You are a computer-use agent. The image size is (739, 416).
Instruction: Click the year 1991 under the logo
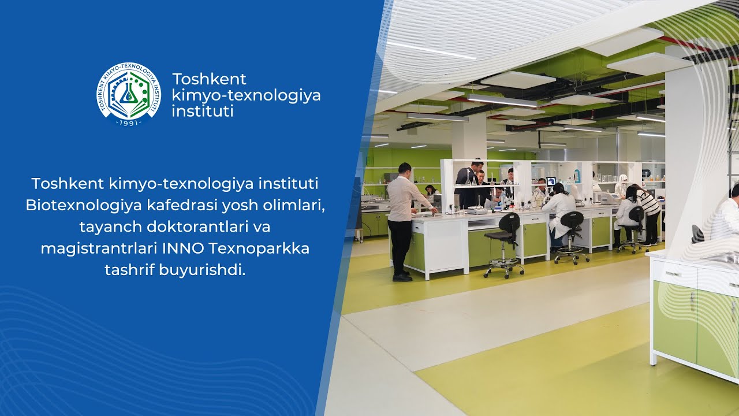[x=128, y=123]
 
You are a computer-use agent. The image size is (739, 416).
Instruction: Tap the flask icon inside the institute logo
[x=129, y=92]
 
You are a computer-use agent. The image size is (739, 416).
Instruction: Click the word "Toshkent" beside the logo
[x=209, y=79]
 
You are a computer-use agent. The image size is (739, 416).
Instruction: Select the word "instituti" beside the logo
[x=203, y=111]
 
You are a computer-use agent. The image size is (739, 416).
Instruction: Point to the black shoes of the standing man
[x=402, y=277]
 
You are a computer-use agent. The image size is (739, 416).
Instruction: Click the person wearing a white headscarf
[x=621, y=185]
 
